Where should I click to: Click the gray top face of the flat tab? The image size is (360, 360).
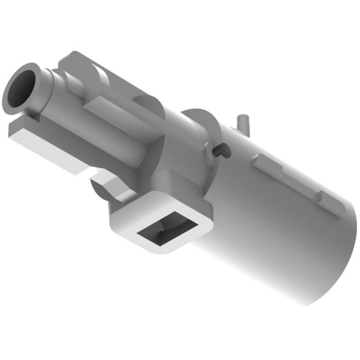coord(26,126)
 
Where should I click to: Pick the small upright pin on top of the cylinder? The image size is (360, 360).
coord(243,123)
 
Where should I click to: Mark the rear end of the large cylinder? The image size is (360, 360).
coord(337,257)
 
